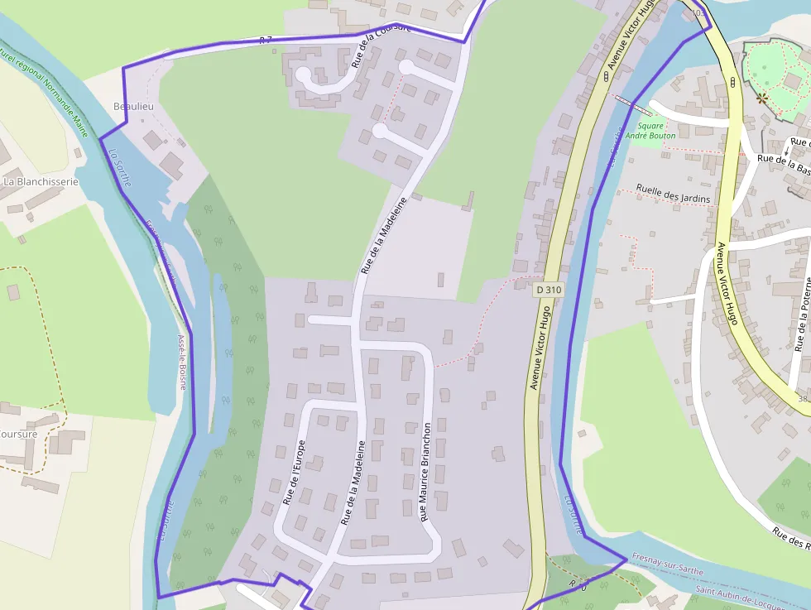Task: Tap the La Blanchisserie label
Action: tap(41, 181)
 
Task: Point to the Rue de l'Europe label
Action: tap(294, 473)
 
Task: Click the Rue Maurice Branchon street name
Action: tap(425, 471)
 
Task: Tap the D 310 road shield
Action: tap(549, 290)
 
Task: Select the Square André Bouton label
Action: tap(650, 131)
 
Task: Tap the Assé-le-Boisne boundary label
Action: tap(182, 362)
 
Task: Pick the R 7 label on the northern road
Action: tap(266, 40)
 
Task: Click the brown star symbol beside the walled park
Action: tap(761, 98)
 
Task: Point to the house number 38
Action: tap(803, 399)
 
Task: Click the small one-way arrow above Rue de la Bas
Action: tap(786, 149)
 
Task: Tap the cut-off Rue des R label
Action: tap(791, 537)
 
